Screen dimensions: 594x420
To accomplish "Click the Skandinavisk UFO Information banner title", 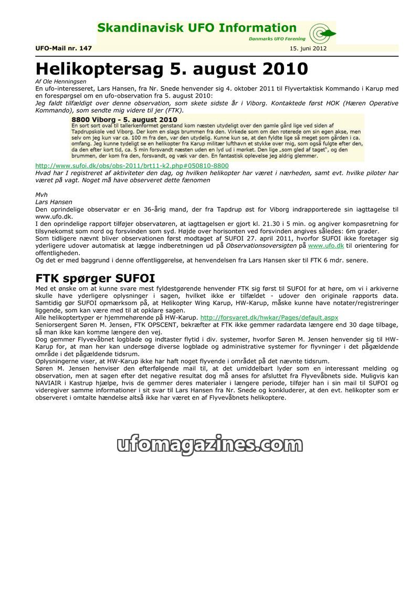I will (197, 28).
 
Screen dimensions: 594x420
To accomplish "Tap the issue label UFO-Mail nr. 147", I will (64, 48).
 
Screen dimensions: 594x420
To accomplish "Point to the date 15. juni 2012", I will (308, 48).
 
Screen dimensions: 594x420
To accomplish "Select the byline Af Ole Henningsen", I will (57, 82).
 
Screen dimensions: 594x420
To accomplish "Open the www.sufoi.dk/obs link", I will (132, 165).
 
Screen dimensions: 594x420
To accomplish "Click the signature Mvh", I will (41, 195).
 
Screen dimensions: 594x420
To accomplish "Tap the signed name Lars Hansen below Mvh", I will (54, 202).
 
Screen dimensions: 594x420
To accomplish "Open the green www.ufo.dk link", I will (325, 246).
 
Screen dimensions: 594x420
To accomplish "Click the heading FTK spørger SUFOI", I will (95, 278).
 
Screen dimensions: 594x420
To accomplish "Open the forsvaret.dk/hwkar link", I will (269, 318).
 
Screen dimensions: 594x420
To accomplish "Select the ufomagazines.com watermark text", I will (209, 445).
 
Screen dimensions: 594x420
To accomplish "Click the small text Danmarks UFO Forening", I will (277, 39).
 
